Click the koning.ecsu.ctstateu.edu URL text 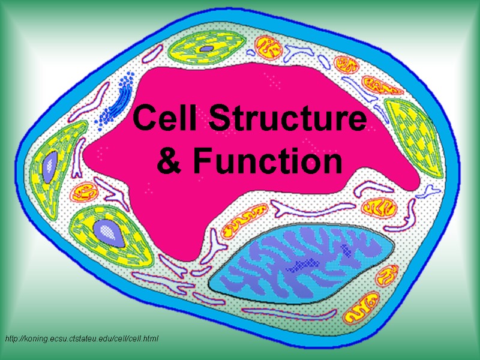click(82, 339)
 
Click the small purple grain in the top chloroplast click(206, 48)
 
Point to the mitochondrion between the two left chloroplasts click(84, 193)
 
